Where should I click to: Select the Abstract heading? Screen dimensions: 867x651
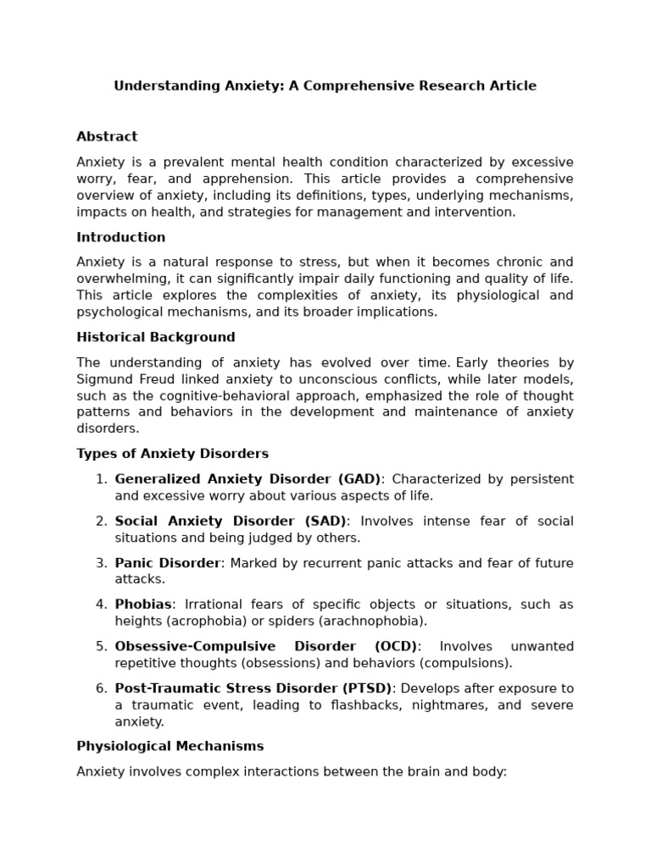[x=107, y=136]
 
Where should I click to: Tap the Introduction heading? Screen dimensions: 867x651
[x=121, y=237]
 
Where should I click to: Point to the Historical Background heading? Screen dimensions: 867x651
[x=156, y=337]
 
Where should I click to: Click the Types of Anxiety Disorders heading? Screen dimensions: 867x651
[x=172, y=454]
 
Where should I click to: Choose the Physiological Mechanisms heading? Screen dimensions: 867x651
[x=170, y=746]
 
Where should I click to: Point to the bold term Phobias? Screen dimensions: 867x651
[x=143, y=605]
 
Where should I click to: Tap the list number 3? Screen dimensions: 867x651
[x=101, y=563]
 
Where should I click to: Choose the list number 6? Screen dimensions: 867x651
[x=101, y=688]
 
